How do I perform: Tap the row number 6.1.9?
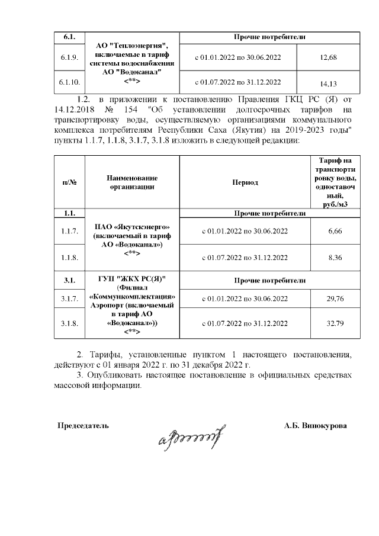[70, 58]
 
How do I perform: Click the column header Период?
[245, 182]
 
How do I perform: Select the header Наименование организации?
[132, 182]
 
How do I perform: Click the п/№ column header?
[70, 182]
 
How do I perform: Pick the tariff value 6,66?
[335, 231]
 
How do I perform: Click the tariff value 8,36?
[335, 258]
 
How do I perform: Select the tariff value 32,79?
[335, 324]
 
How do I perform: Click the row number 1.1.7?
[70, 231]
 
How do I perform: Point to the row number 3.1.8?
[70, 324]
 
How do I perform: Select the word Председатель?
[82, 425]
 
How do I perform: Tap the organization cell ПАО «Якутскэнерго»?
[132, 227]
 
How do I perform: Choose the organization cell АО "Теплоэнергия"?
[132, 47]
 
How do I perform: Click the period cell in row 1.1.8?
[245, 258]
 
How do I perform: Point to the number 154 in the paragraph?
[130, 110]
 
